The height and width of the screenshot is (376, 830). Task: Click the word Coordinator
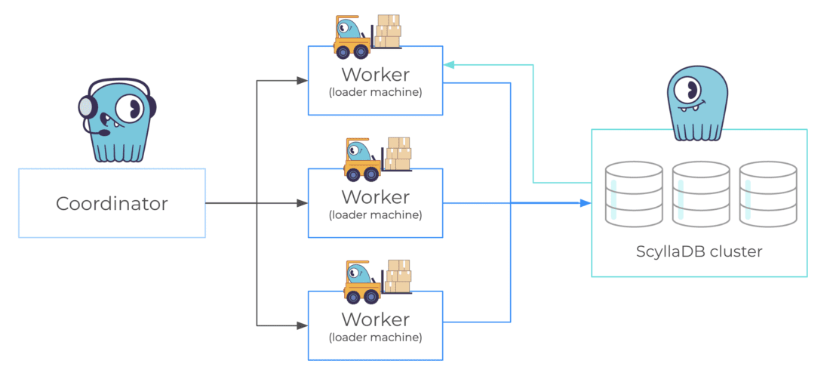coord(112,203)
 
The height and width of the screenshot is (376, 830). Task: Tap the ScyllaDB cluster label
coord(699,251)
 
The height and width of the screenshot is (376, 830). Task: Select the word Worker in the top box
coord(375,75)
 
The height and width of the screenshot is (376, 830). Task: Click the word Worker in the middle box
coord(375,197)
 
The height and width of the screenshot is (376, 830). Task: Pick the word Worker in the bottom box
coord(375,319)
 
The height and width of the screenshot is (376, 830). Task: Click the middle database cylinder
coord(701,193)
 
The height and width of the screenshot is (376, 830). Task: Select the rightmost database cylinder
coord(767,193)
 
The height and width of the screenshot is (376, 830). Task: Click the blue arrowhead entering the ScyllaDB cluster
coord(586,203)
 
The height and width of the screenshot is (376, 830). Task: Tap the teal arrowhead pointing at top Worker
coord(449,65)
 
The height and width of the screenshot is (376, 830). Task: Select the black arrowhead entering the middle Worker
coord(303,203)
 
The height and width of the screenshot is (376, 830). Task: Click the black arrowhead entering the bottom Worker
coord(303,325)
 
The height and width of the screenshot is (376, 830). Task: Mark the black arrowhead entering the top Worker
coord(303,81)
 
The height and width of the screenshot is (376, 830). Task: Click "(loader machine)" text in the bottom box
coord(375,337)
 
